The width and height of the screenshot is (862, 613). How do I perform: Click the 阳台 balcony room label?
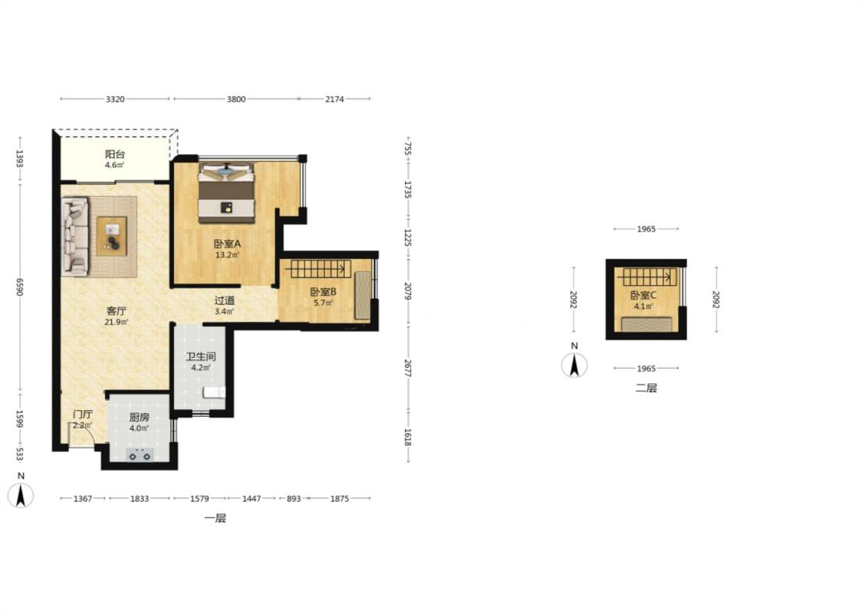(115, 155)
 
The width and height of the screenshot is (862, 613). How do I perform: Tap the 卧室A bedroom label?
(228, 244)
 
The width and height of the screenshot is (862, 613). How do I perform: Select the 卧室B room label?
(323, 292)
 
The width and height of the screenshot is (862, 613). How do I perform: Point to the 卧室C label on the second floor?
(643, 295)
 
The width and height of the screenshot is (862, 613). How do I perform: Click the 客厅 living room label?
(116, 311)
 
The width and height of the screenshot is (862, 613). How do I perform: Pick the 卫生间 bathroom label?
(201, 356)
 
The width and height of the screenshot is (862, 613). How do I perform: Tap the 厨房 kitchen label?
(139, 418)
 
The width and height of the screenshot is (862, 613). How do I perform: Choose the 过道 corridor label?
(225, 300)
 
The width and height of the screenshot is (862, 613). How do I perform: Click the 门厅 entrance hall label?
(83, 414)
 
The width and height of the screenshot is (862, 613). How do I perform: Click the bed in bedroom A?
(227, 193)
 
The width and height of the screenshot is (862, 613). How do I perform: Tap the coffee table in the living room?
(112, 236)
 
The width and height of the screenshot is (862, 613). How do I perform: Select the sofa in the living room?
(75, 237)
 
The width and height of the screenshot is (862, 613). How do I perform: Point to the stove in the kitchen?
(139, 454)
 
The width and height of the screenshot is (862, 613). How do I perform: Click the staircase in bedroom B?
(318, 269)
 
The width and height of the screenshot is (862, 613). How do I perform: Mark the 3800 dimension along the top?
(237, 99)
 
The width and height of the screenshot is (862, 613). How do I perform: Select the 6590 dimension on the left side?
(20, 287)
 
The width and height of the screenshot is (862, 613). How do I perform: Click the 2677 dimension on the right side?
(408, 368)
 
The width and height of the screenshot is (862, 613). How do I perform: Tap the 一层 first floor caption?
(215, 518)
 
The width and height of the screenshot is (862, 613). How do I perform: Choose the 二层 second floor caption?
(646, 388)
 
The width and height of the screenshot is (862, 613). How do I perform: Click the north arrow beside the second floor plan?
(575, 366)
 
